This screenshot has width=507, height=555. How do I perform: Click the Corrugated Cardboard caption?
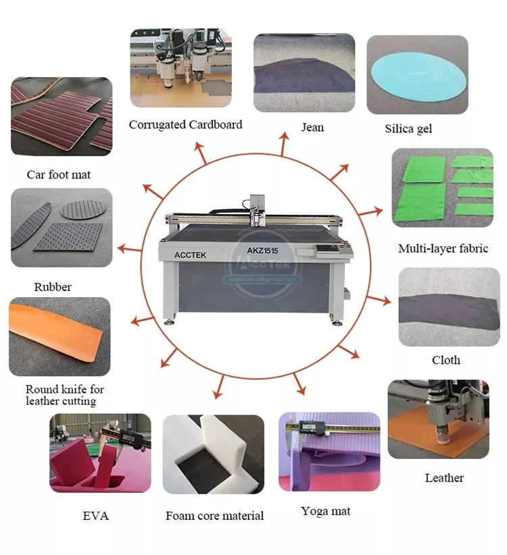[x=185, y=124]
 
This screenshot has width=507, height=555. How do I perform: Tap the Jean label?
[x=312, y=127]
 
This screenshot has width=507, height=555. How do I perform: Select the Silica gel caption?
[x=408, y=128]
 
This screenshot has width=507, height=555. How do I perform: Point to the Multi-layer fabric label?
[x=443, y=248]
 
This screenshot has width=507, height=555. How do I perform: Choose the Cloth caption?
[x=445, y=360]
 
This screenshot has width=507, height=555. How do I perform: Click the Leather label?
[x=444, y=477]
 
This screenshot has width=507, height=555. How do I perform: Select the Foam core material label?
[x=214, y=516]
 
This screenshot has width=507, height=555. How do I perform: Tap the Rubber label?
[x=53, y=287]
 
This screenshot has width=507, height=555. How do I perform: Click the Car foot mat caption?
[x=59, y=174]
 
